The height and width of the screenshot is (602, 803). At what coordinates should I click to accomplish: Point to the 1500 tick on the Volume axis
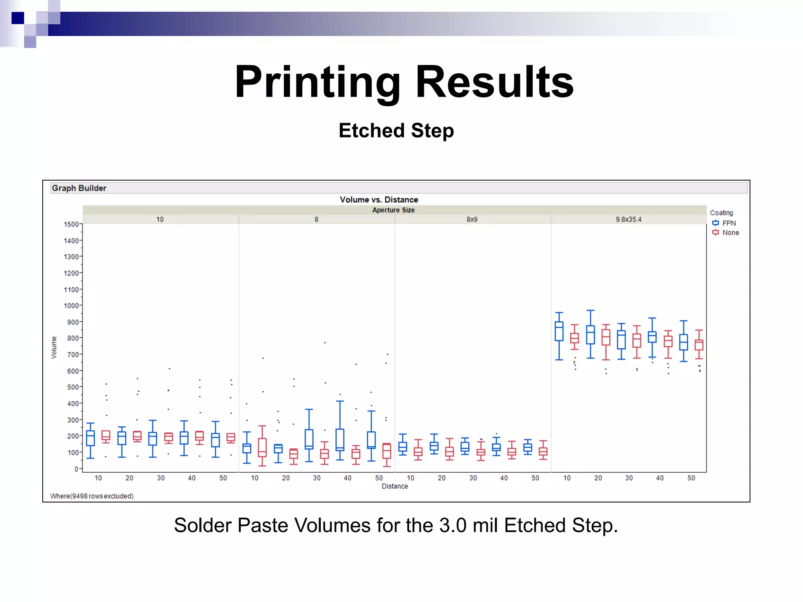(71, 224)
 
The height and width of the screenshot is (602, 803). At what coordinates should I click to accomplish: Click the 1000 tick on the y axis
(71, 306)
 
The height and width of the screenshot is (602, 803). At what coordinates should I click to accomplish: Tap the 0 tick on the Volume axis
(76, 469)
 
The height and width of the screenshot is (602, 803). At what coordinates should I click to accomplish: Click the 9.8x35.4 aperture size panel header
(628, 219)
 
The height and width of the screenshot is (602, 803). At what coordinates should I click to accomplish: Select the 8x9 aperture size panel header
(472, 219)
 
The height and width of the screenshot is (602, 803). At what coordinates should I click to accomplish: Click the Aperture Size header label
(393, 210)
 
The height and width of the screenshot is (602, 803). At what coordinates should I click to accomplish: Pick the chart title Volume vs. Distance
(379, 199)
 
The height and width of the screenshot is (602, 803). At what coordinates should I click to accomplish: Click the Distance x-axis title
(395, 486)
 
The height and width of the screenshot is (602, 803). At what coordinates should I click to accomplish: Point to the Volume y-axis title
(54, 347)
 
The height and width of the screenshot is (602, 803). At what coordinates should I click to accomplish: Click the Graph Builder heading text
(79, 188)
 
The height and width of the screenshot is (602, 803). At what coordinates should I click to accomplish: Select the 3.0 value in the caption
(453, 525)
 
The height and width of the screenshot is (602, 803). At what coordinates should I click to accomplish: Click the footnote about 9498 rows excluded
(92, 496)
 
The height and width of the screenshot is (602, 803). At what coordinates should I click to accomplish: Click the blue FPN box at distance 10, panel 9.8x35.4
(559, 331)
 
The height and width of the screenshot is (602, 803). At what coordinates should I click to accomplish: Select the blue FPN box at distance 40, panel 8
(340, 439)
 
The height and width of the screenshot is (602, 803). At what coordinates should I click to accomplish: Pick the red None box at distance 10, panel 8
(262, 447)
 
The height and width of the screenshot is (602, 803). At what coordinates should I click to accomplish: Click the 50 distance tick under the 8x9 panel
(535, 478)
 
